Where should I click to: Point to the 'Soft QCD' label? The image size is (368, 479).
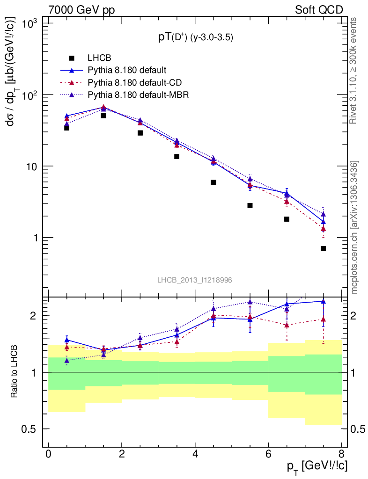(318, 10)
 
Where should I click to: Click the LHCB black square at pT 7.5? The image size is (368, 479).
(323, 248)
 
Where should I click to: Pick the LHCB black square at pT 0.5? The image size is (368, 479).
(67, 128)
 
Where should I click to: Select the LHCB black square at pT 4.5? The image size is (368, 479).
(213, 182)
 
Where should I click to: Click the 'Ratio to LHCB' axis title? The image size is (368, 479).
(15, 372)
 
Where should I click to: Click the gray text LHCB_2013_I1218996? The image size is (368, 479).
(194, 280)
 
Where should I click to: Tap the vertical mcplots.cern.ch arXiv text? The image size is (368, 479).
(355, 227)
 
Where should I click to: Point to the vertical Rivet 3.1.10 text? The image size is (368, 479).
(355, 70)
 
